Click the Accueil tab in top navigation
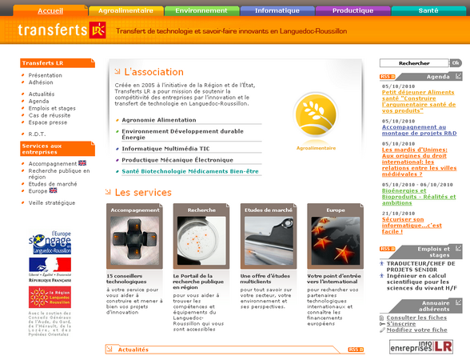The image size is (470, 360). point(50,11)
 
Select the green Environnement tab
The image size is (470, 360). point(201,11)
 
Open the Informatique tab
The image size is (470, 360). point(277,11)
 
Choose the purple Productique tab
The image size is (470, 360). point(352,11)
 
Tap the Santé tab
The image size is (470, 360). point(428,11)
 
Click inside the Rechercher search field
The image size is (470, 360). point(414,62)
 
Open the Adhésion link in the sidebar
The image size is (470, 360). point(41,82)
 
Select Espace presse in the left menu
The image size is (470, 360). point(48,122)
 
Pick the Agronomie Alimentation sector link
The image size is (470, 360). point(159,120)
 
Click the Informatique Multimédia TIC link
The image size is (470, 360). point(165,148)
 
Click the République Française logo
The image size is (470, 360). point(50,268)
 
